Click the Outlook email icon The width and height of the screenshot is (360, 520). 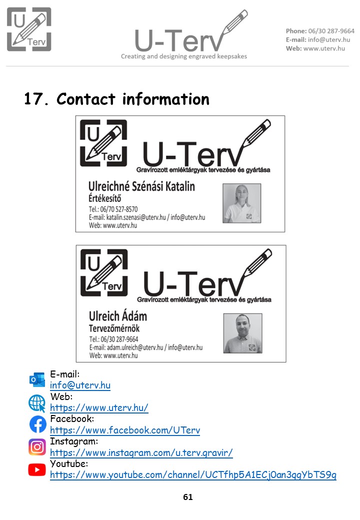(x=37, y=379)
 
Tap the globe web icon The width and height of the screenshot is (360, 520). (x=37, y=403)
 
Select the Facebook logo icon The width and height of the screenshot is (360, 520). (x=38, y=424)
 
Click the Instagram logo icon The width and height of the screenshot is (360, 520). (x=37, y=446)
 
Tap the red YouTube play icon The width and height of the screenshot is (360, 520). (x=37, y=469)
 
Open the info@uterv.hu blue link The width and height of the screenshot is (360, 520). (x=80, y=385)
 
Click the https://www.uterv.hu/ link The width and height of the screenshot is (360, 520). (x=99, y=407)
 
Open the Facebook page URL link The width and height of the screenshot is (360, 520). (x=125, y=430)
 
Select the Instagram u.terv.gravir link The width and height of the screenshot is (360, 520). (x=141, y=452)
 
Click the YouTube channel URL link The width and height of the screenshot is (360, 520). (x=193, y=475)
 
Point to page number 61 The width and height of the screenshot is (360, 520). (x=188, y=497)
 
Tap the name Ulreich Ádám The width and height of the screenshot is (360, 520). (x=118, y=316)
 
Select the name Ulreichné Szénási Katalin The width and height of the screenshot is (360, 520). (x=141, y=186)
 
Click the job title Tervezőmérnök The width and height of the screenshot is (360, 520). (x=114, y=328)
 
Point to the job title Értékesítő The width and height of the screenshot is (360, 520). (x=105, y=198)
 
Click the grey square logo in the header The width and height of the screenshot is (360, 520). (x=29, y=29)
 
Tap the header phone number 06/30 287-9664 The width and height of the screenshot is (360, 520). (x=331, y=31)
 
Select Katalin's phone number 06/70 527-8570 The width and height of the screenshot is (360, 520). (x=119, y=209)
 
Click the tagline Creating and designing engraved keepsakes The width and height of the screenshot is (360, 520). (x=184, y=56)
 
